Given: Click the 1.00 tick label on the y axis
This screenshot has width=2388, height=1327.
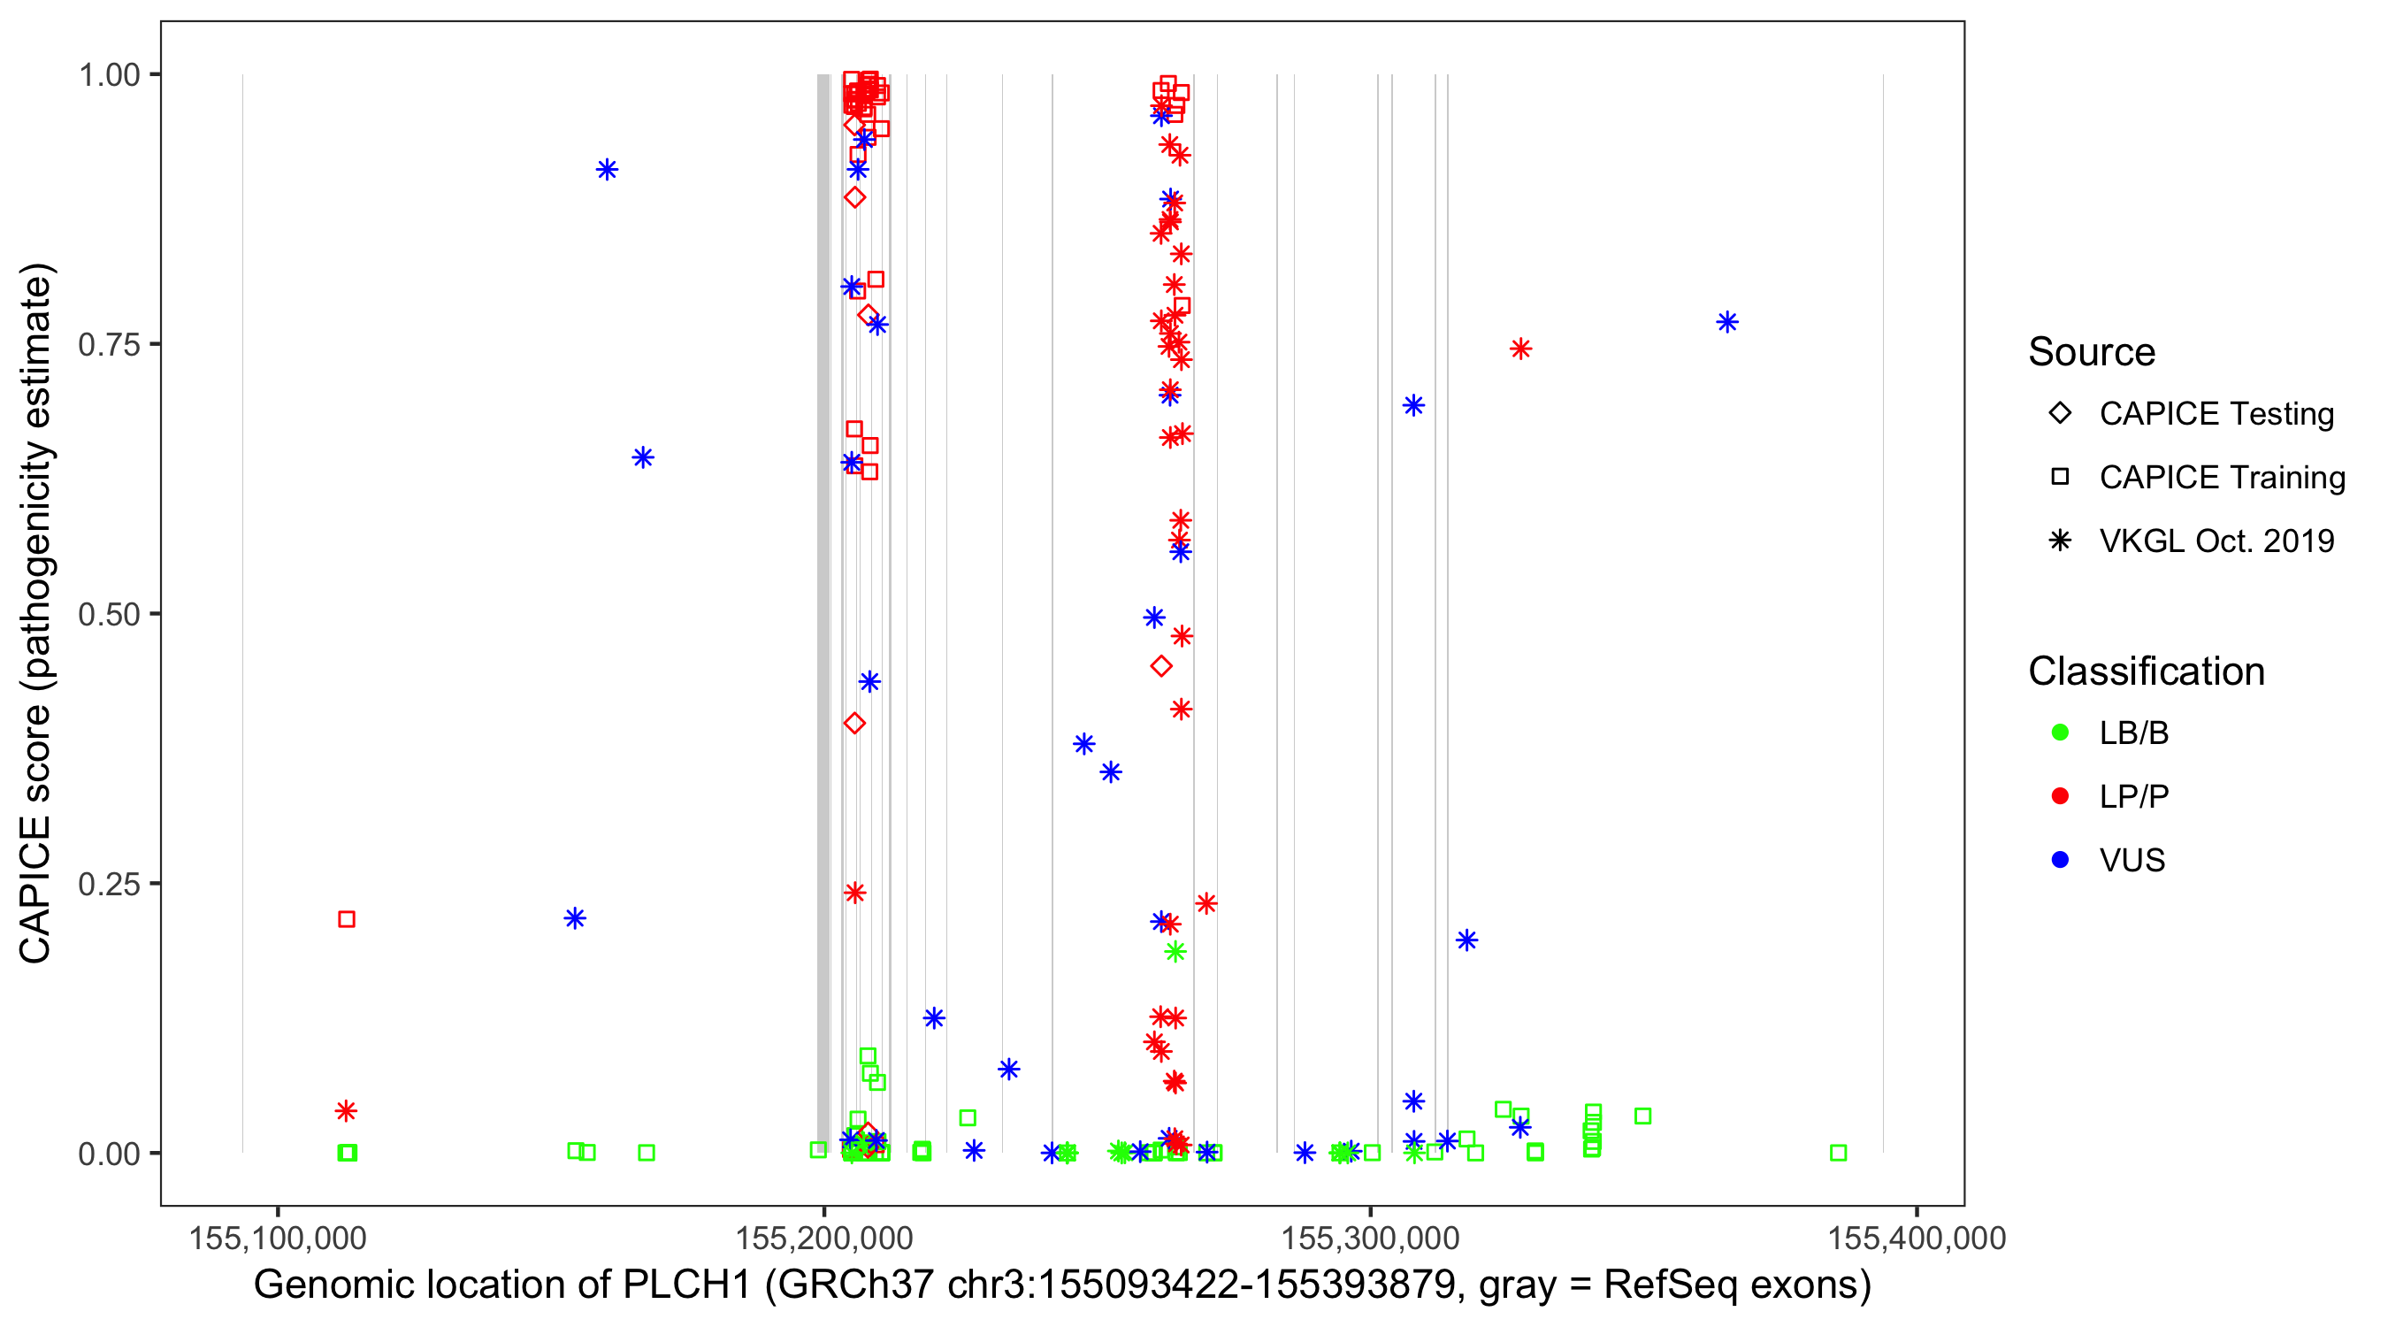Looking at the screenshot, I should [x=109, y=74].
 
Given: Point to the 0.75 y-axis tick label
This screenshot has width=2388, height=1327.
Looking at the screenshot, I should [x=109, y=344].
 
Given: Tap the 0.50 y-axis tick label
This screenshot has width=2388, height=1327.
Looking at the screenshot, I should [x=109, y=614].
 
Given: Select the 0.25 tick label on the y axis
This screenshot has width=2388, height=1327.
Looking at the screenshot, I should [x=109, y=884].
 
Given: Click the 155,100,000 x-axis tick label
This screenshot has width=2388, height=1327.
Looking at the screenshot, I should [x=277, y=1238].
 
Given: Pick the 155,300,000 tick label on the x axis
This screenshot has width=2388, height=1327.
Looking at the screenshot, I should [x=1370, y=1238].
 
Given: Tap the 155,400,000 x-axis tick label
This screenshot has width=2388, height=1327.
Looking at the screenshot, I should [x=1916, y=1238].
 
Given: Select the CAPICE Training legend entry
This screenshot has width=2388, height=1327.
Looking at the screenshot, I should [x=2060, y=478].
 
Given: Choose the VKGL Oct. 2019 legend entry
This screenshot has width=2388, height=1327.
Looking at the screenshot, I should [x=2060, y=541].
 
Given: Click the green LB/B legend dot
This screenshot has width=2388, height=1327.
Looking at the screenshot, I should [x=2060, y=733].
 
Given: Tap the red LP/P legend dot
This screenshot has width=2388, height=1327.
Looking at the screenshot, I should [x=2060, y=796].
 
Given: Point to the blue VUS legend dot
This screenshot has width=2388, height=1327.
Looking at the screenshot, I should [x=2060, y=860].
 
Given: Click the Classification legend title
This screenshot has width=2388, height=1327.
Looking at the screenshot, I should [x=2146, y=671].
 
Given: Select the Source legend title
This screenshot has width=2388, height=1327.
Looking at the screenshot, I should [x=2092, y=352].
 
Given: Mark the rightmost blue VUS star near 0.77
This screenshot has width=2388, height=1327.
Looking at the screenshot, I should [x=1727, y=322].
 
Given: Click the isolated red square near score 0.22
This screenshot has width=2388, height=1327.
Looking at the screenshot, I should [x=347, y=919].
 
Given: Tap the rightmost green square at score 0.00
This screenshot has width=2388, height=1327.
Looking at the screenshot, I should [x=1838, y=1153].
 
